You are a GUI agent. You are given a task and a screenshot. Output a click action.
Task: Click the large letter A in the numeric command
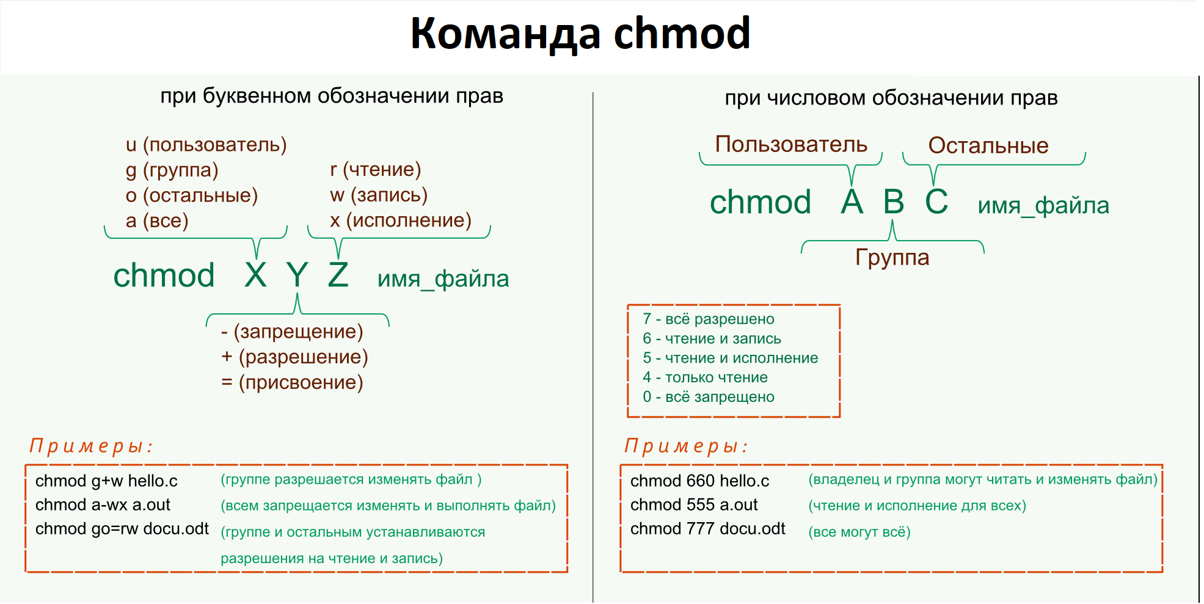point(852,202)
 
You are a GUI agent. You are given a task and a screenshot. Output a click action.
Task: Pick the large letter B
point(894,202)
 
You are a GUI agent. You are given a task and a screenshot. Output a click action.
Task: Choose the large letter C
point(936,202)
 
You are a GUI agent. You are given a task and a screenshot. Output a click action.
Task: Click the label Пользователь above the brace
point(791,144)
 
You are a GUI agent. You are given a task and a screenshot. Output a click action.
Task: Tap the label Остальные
point(988,145)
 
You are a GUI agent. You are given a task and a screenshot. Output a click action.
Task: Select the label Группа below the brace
point(892,257)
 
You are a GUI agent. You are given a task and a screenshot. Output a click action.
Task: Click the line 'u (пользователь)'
point(206,145)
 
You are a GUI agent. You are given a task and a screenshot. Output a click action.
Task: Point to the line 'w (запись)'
point(379,195)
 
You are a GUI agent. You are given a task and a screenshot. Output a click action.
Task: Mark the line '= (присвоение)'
point(292,382)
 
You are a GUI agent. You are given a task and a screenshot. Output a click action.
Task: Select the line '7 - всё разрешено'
point(709,319)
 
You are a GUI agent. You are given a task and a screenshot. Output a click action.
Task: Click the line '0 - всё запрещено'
point(709,397)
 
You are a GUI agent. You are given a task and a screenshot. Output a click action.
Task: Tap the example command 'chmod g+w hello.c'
point(106,481)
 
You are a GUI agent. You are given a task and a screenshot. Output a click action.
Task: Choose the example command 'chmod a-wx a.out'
point(103,505)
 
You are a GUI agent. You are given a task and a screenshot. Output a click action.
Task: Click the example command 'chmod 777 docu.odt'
point(708,529)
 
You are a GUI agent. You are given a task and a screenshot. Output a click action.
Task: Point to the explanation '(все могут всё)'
point(859,532)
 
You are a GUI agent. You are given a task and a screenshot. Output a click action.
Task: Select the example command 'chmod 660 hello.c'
point(700,481)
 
